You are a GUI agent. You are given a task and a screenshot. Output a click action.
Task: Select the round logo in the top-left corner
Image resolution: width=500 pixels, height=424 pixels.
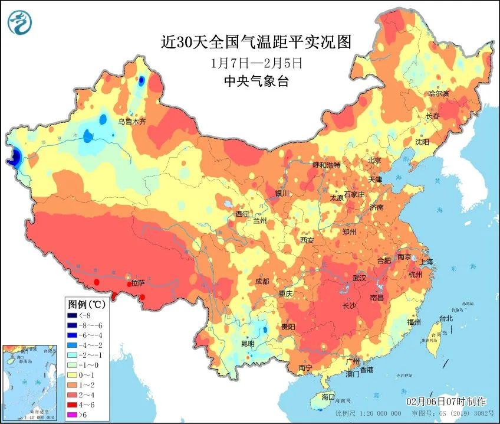click(20, 22)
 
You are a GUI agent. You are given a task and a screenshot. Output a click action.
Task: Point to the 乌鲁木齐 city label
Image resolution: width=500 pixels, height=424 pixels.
click(131, 122)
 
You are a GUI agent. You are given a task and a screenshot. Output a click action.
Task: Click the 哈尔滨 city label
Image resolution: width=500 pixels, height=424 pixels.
click(439, 94)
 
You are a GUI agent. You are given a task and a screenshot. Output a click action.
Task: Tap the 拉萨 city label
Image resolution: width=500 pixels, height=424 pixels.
click(137, 283)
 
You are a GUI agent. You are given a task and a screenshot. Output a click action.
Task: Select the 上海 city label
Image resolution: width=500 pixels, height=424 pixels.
click(425, 262)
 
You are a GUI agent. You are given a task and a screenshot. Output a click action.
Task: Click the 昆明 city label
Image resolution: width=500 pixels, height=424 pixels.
click(247, 343)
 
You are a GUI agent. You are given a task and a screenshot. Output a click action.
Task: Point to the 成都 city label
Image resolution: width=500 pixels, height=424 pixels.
click(262, 281)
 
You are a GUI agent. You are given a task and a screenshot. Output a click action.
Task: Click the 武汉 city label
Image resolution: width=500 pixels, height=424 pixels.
click(359, 278)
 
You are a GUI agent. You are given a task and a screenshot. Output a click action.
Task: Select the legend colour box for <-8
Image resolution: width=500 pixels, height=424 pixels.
click(73, 315)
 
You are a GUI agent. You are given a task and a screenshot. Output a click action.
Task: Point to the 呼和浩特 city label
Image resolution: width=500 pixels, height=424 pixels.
click(327, 165)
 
